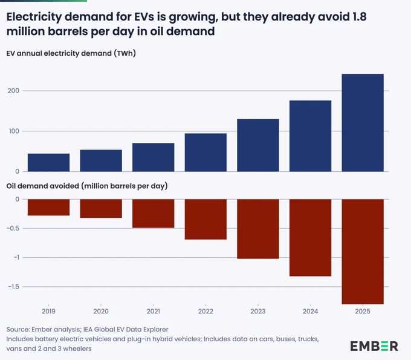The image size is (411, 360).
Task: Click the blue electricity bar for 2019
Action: (x=48, y=162)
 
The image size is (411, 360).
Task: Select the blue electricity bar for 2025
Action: (x=363, y=123)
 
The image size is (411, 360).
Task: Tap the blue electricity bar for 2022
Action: (x=205, y=152)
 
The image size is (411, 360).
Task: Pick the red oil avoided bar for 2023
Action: (x=258, y=229)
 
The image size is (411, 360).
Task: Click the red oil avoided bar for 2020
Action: (x=101, y=208)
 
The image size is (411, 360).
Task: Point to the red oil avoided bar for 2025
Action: (x=363, y=252)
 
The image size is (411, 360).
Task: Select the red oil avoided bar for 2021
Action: (x=154, y=214)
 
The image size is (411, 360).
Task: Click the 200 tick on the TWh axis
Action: (x=13, y=91)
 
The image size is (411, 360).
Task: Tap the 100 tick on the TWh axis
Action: (x=14, y=131)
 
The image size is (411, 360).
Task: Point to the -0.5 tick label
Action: (x=13, y=228)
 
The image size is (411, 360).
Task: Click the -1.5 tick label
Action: (x=14, y=287)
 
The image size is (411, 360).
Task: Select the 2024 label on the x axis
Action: (x=310, y=312)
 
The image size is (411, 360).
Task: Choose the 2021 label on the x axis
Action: (x=154, y=312)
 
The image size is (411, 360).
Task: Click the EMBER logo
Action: (x=374, y=346)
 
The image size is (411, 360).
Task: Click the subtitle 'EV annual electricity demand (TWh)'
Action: (x=71, y=53)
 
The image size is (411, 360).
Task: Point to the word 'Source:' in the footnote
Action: (x=18, y=329)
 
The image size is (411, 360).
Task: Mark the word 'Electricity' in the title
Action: (x=34, y=17)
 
